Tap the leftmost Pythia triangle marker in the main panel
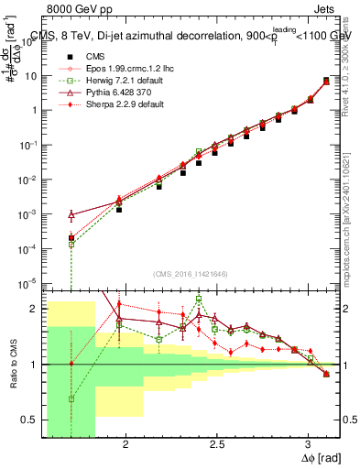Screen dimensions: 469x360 [x=71, y=215]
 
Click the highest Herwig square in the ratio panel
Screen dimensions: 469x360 [x=199, y=300]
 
